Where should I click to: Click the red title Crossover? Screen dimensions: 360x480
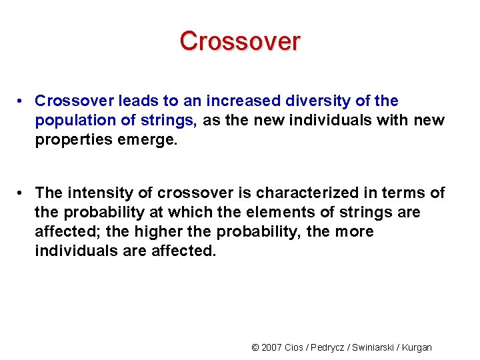point(240,41)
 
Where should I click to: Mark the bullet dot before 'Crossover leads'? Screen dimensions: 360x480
point(22,101)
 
